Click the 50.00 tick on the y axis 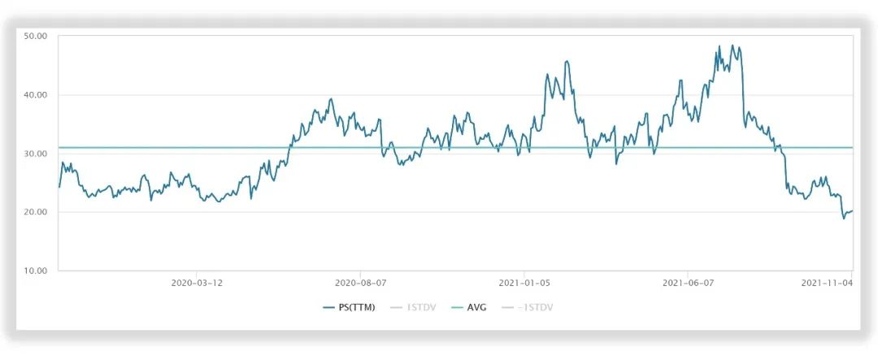[x=36, y=37]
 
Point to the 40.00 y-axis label [x=36, y=95]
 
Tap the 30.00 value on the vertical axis [x=36, y=154]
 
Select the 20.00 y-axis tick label [x=36, y=212]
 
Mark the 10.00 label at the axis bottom [x=36, y=271]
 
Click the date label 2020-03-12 [x=197, y=284]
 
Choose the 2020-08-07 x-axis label [x=360, y=284]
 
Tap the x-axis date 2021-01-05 [x=524, y=284]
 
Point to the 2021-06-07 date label [x=688, y=284]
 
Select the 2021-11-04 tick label [x=826, y=284]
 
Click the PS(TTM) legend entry [x=350, y=308]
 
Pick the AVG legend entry [x=475, y=308]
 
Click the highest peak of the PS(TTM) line [x=732, y=46]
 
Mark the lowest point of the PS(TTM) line [x=844, y=219]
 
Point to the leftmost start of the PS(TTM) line [x=59, y=187]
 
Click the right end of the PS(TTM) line [x=852, y=210]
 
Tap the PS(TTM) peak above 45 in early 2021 [x=567, y=61]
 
